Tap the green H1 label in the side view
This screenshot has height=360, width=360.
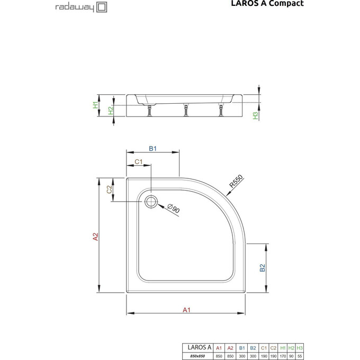pos(96,105)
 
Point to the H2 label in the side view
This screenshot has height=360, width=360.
pos(110,111)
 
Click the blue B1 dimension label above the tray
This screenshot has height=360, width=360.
pos(151,149)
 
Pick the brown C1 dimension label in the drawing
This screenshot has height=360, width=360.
pos(139,161)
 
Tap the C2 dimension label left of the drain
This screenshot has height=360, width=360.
pos(110,190)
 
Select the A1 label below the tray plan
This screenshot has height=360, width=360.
pos(186,310)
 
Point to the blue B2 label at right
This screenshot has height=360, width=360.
pos(262,268)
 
